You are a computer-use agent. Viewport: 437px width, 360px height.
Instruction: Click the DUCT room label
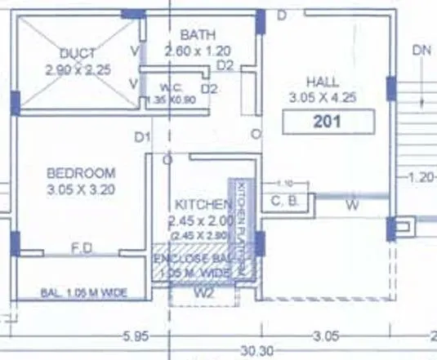click(78, 55)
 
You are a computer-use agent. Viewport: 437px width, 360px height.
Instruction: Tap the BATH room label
click(198, 35)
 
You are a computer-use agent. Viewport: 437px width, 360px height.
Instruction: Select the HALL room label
click(323, 82)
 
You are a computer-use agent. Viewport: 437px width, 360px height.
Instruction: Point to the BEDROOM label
click(81, 173)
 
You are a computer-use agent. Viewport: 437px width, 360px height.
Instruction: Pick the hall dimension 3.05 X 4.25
click(324, 98)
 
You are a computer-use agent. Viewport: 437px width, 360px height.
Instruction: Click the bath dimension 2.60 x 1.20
click(198, 51)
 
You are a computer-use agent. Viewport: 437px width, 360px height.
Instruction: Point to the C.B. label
click(283, 201)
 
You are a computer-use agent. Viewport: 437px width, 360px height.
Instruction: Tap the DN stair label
click(421, 50)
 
